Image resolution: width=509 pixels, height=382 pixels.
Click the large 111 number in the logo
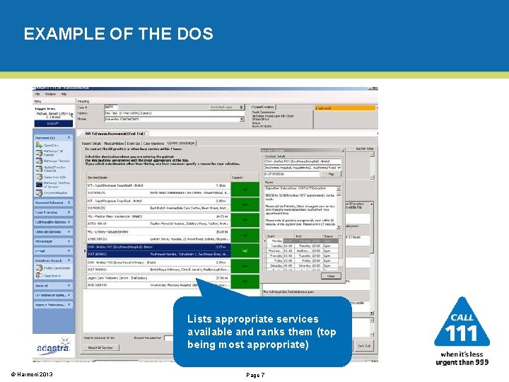[462, 334]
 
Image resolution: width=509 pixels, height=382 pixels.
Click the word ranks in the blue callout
[298, 332]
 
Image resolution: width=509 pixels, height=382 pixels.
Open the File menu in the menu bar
[38, 93]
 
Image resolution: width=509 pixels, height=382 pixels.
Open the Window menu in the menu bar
[51, 93]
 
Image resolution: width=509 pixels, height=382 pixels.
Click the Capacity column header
[237, 177]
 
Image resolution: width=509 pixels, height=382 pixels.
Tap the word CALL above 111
[462, 317]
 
